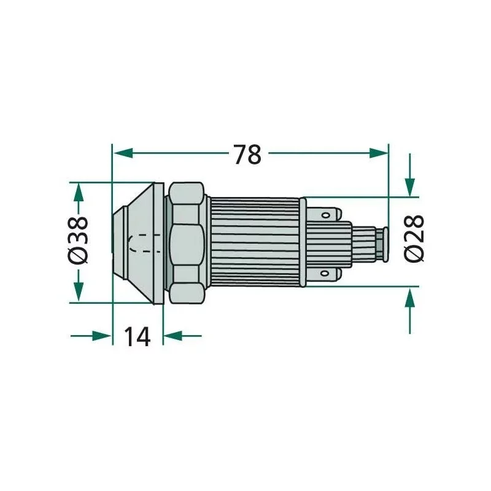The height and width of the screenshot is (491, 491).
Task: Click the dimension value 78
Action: click(247, 154)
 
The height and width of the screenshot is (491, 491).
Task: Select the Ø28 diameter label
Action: click(414, 238)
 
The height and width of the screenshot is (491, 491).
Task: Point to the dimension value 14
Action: click(137, 336)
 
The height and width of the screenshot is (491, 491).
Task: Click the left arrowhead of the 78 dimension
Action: click(123, 153)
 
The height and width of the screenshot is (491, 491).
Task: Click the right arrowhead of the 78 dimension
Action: click(378, 153)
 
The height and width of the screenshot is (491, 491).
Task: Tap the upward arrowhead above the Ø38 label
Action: click(79, 192)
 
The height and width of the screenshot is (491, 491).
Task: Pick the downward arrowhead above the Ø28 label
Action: click(410, 187)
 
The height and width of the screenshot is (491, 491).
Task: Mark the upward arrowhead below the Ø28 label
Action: click(410, 296)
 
